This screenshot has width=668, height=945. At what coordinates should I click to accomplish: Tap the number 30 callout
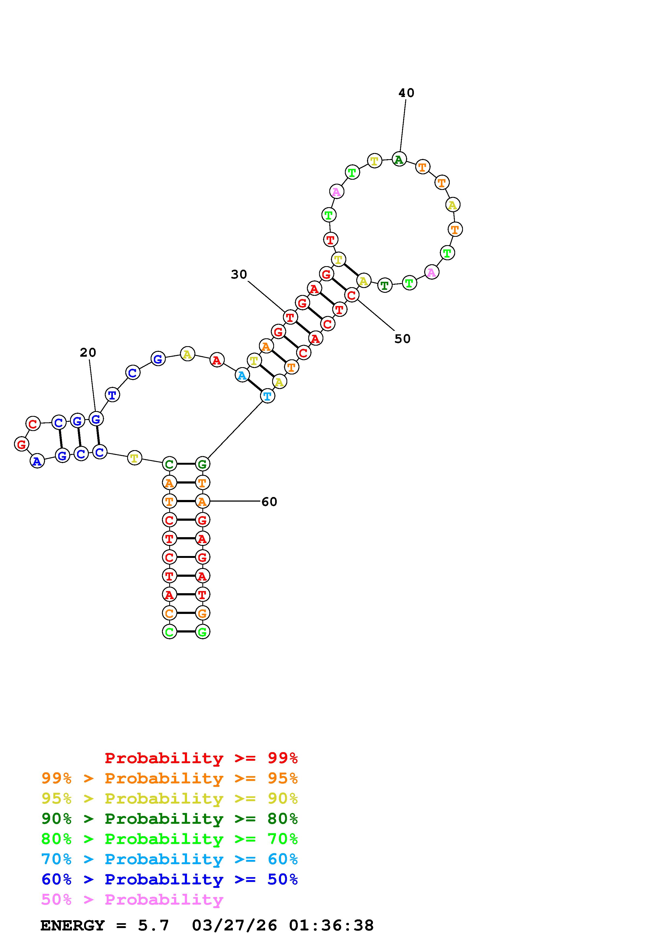pos(239,274)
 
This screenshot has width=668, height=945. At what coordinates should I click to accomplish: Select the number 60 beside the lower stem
pos(269,502)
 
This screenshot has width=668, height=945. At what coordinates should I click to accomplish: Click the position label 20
pos(88,352)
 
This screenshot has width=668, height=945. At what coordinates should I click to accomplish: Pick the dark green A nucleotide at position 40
pos(399,159)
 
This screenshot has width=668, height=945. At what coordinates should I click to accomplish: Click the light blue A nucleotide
pos(242,375)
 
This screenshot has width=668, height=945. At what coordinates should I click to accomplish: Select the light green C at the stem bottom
pos(169,631)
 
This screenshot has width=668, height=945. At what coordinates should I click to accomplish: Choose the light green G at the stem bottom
pos(202,631)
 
